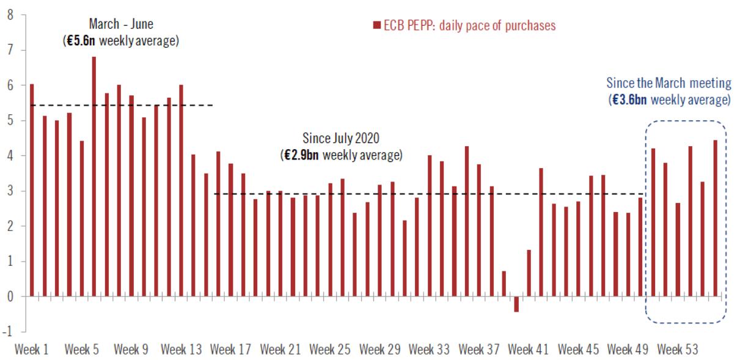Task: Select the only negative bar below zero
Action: click(x=516, y=304)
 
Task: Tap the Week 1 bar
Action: click(x=32, y=189)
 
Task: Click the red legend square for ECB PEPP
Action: click(x=376, y=26)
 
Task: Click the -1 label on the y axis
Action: click(x=8, y=332)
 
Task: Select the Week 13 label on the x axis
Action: click(x=181, y=350)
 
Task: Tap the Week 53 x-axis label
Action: click(x=678, y=350)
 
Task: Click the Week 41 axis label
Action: click(x=529, y=350)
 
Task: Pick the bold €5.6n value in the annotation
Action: click(x=80, y=42)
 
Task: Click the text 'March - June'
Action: click(x=121, y=24)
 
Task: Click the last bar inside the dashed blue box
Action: click(x=715, y=218)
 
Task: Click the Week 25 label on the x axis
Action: click(x=330, y=350)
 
